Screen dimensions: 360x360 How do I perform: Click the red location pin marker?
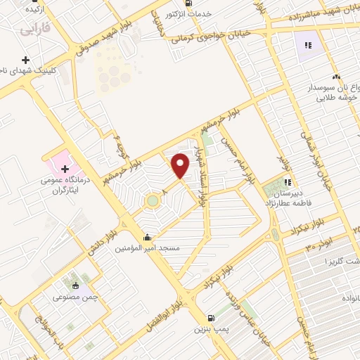[180, 165]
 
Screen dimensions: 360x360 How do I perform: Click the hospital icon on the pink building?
[65, 169]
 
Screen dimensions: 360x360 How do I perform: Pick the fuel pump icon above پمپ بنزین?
[212, 318]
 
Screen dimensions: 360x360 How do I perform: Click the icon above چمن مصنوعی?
[75, 285]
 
